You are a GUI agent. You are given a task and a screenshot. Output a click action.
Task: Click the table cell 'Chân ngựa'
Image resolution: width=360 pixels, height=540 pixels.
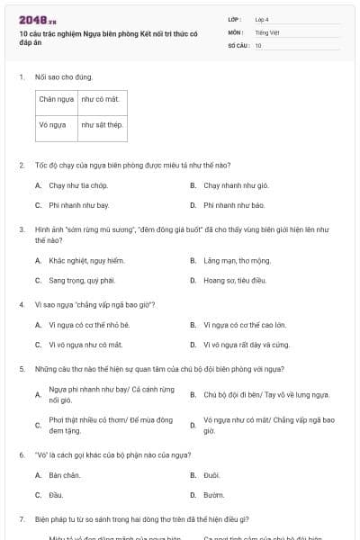point(57,100)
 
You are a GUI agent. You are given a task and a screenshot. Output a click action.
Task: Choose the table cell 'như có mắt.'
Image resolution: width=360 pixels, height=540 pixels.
point(99,100)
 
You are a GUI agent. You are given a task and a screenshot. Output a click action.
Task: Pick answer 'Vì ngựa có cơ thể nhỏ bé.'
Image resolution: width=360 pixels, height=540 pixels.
point(90,324)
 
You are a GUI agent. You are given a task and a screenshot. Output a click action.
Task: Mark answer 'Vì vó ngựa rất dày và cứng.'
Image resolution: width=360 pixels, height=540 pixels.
point(246,344)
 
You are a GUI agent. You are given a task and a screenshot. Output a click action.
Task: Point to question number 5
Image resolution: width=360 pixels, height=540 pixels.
point(21,369)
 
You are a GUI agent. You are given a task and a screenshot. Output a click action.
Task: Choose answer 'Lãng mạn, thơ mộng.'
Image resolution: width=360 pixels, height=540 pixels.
point(237,260)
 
